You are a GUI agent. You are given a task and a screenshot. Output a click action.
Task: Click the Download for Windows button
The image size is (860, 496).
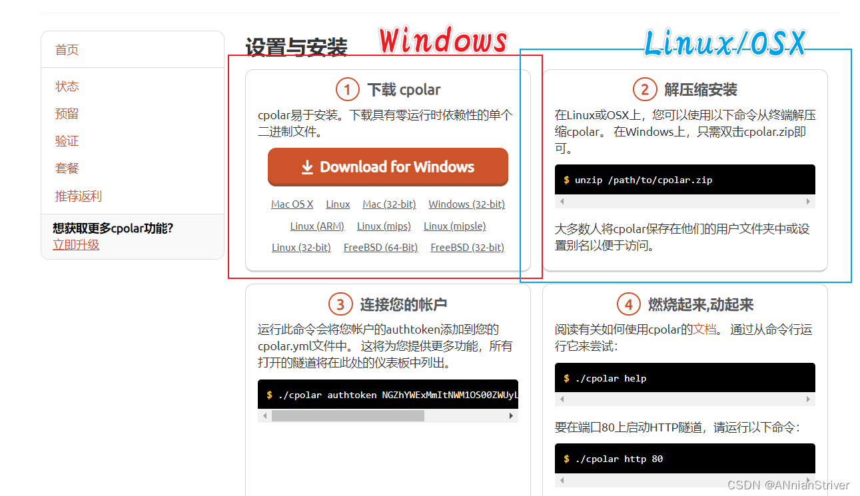(388, 167)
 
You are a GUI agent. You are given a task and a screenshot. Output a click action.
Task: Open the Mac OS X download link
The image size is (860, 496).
(292, 204)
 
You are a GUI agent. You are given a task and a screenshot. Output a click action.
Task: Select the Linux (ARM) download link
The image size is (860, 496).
(317, 226)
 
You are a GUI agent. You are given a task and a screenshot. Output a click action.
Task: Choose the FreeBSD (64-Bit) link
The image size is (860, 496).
(380, 248)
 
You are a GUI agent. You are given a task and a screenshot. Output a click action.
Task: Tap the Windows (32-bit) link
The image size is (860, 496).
(467, 204)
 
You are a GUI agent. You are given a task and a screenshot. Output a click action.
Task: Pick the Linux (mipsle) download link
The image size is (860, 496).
(455, 226)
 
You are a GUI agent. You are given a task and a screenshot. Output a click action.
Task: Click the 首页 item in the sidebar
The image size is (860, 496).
(67, 50)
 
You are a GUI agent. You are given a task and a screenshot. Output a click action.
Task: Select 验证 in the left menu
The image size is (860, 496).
(67, 141)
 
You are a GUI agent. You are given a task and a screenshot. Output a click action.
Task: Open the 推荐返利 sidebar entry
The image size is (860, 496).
(79, 196)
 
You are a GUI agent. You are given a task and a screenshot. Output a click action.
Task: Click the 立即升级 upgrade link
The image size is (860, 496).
(76, 245)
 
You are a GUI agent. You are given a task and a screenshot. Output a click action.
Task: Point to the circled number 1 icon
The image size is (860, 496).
(348, 90)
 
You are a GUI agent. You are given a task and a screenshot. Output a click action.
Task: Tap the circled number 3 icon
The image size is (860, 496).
(340, 304)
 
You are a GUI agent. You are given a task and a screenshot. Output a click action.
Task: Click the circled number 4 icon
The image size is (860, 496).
(628, 304)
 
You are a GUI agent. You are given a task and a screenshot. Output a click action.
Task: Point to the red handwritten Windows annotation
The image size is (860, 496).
(444, 40)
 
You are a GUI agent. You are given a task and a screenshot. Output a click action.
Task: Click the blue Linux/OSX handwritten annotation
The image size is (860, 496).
(725, 43)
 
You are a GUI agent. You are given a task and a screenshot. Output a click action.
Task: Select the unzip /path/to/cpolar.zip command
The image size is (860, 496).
(644, 180)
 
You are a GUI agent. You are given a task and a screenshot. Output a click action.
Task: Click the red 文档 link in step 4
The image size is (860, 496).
(705, 330)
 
